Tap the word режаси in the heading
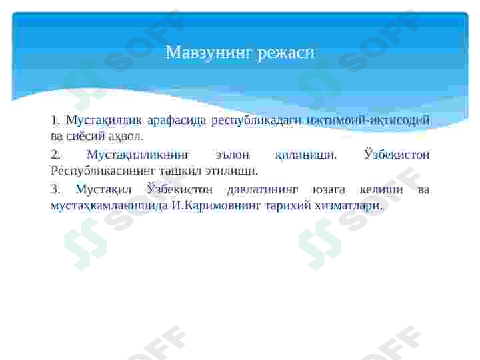pos(287,52)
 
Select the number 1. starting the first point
pos(55,121)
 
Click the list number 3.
pos(55,190)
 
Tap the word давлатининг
pos(263,190)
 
